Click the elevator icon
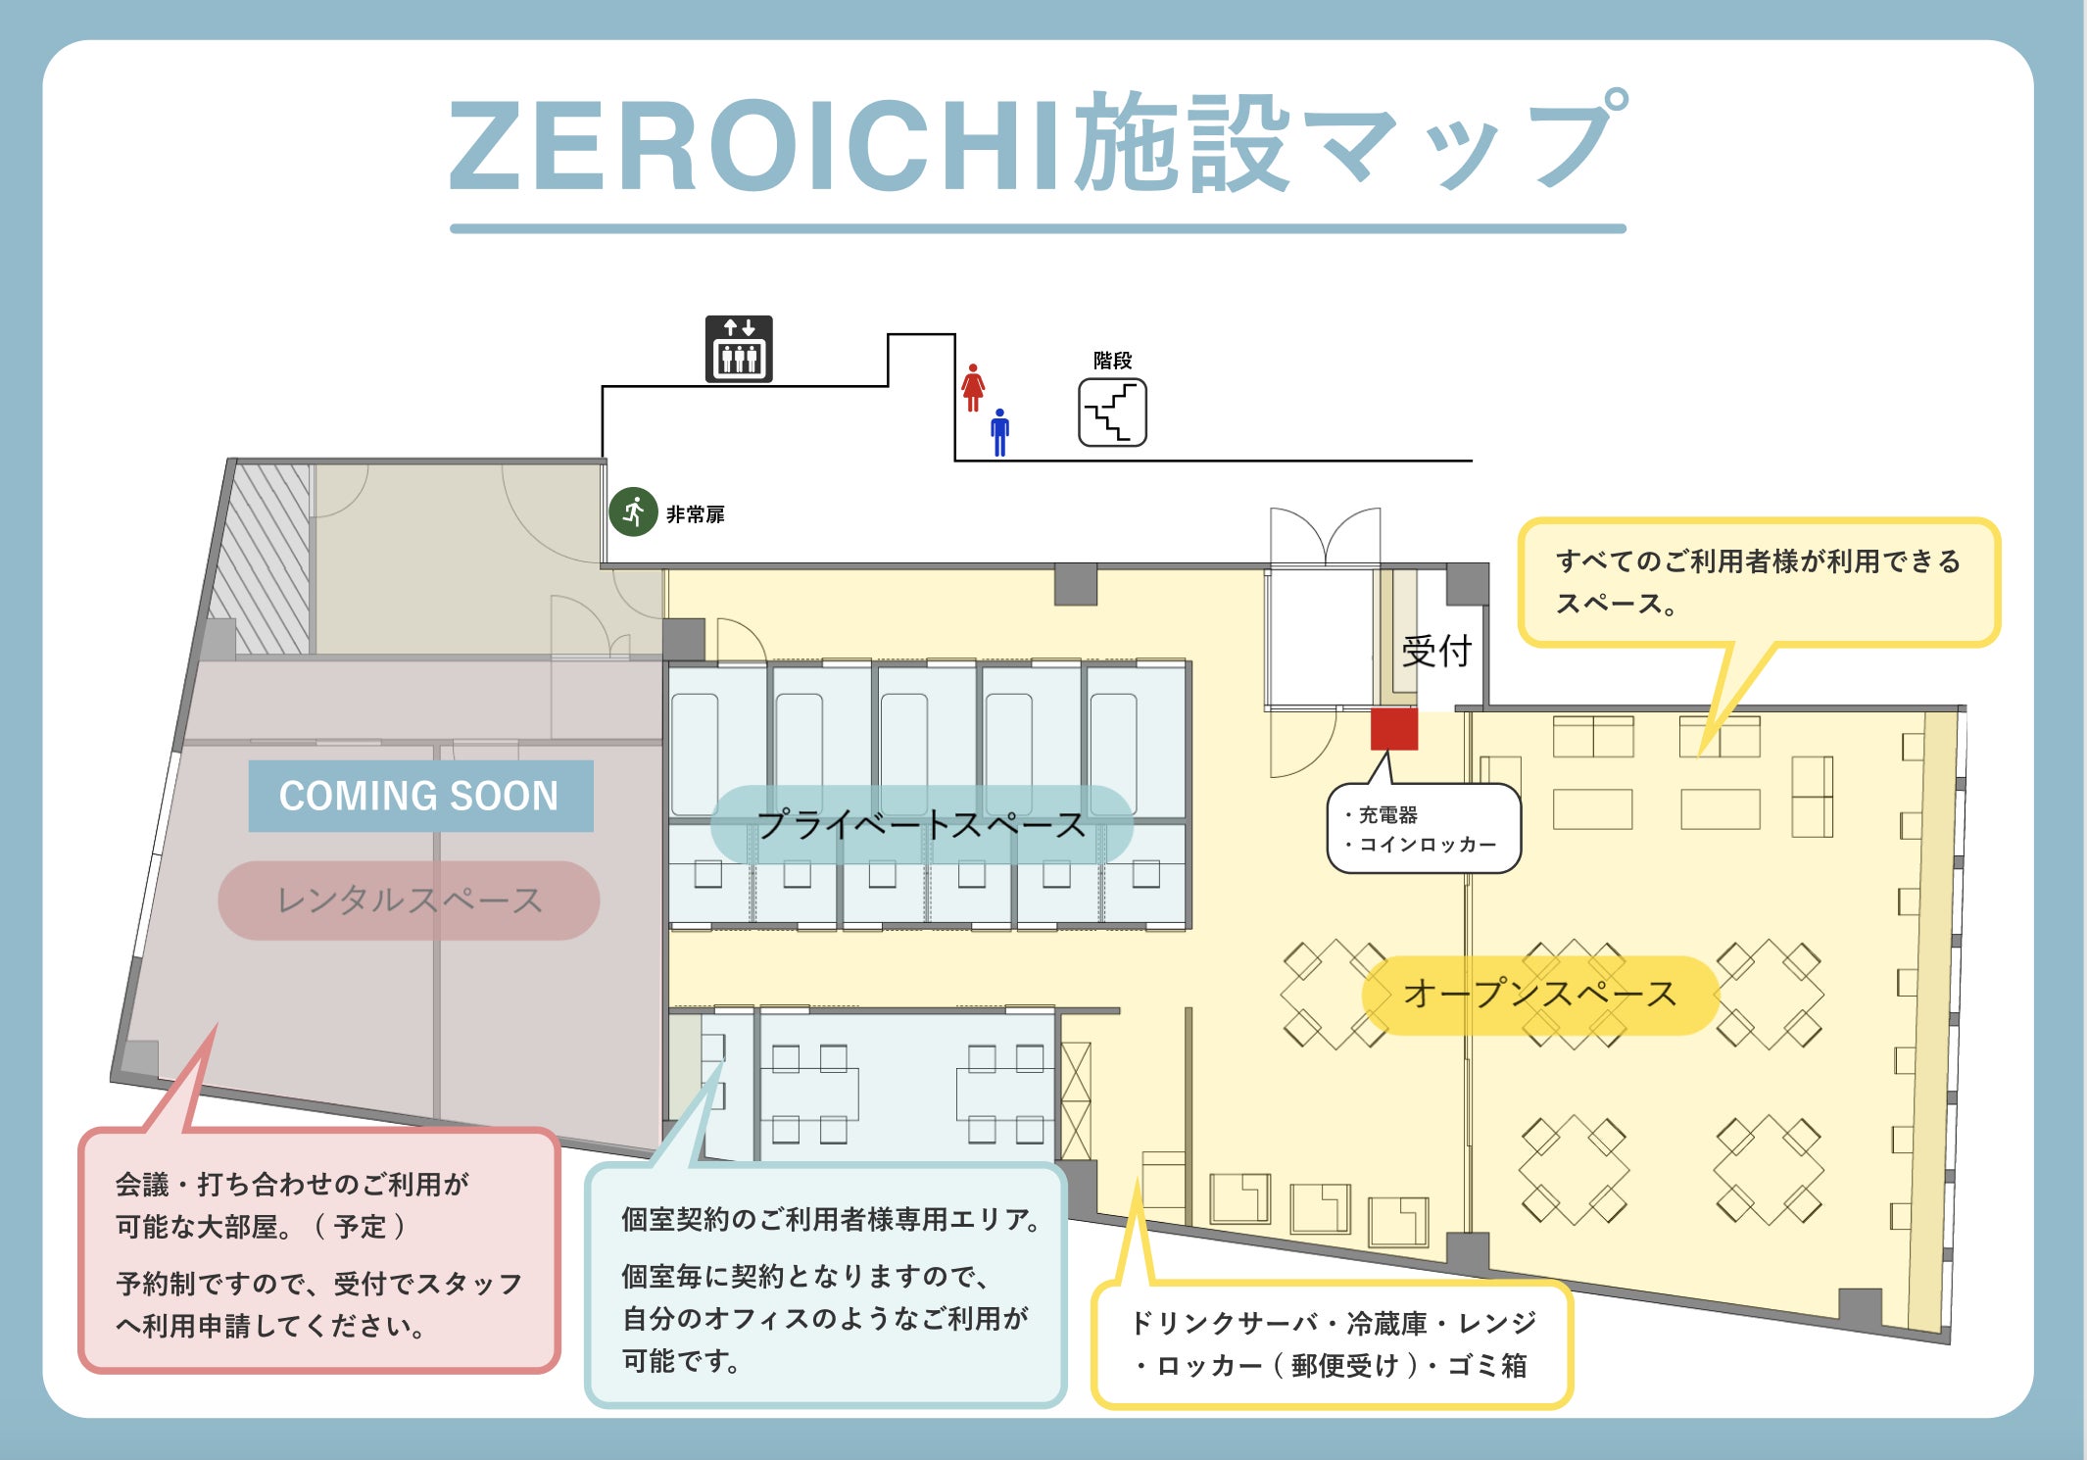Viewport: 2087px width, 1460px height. pos(739,349)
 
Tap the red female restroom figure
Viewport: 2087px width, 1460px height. pos(973,388)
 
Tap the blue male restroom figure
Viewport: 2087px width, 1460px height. pos(999,432)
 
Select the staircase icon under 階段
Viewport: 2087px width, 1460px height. pos(1112,413)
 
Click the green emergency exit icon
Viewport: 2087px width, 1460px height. pos(633,511)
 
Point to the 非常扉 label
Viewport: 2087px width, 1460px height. pos(696,514)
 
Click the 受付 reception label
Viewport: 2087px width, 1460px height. pos(1436,651)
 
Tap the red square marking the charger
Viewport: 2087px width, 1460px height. pos(1393,729)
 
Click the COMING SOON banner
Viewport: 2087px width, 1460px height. pos(420,796)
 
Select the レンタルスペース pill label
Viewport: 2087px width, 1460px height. pos(409,900)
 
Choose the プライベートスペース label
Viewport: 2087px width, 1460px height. pos(921,824)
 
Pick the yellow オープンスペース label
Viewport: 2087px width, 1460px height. pos(1539,995)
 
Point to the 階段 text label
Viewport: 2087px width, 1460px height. pos(1112,361)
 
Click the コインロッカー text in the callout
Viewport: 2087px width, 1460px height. pos(1428,844)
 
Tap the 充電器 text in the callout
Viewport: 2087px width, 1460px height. pos(1387,814)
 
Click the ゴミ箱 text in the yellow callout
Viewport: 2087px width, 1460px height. pos(1486,1366)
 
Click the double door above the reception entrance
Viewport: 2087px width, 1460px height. pos(1325,536)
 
